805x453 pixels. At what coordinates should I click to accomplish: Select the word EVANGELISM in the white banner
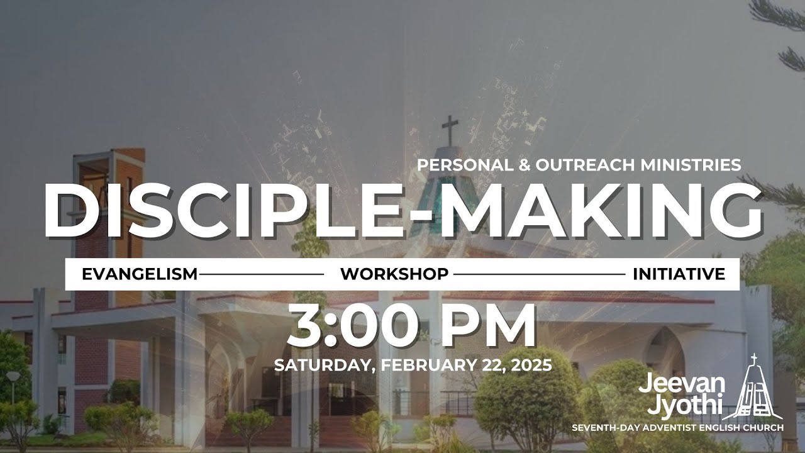click(140, 274)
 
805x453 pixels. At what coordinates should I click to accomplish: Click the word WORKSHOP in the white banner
click(394, 274)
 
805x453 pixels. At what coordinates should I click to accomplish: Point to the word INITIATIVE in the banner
click(679, 274)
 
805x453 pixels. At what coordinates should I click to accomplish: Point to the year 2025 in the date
click(530, 365)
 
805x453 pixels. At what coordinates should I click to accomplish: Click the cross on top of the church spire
click(450, 129)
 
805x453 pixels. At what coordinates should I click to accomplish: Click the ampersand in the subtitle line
click(526, 165)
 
